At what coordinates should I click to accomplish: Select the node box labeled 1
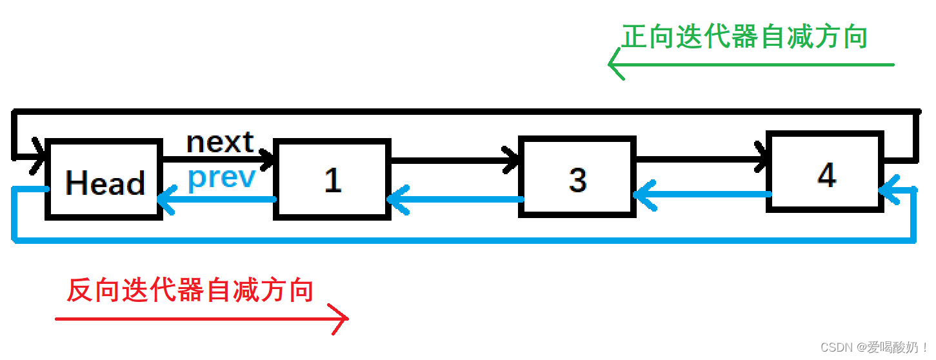coord(332,179)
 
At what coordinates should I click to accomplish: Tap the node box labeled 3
coord(577,178)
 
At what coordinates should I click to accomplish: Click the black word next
coord(220,143)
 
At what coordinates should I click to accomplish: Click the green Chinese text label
coord(744,37)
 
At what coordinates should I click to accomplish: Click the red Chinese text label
coord(190,290)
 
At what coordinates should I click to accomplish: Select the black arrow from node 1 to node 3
coord(452,158)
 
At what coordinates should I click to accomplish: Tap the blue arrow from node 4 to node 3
coord(700,194)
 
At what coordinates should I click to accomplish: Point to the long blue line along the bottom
coord(452,241)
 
